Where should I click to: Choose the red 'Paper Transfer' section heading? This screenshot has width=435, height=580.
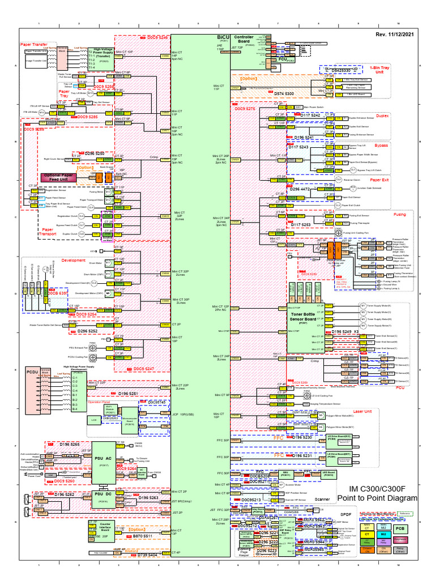click(x=34, y=43)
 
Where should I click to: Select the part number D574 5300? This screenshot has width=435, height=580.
click(x=284, y=92)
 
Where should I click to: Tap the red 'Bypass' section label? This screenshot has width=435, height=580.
click(x=396, y=145)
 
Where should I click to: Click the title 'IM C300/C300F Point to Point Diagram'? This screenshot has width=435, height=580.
click(x=377, y=493)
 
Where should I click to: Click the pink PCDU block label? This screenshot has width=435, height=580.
click(x=32, y=372)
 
